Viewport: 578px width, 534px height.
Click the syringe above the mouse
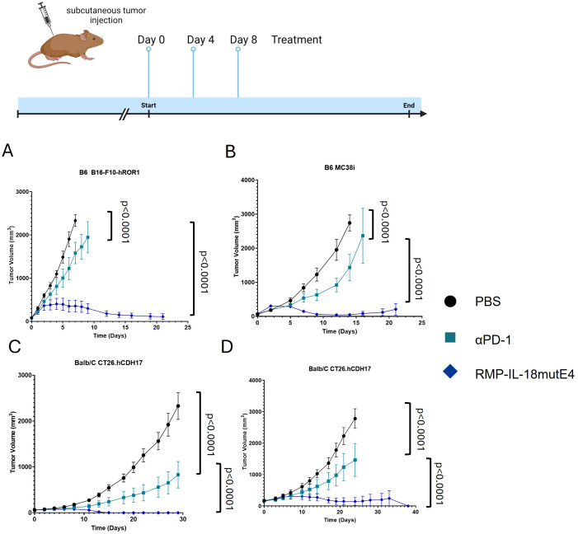pos(45,16)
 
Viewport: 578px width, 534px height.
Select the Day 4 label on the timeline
pos(200,40)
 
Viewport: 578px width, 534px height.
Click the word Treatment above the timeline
pos(297,40)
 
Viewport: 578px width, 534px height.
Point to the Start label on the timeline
pos(148,105)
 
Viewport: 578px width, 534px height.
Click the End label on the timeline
pos(409,105)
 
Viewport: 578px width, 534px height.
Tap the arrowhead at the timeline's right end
pos(424,114)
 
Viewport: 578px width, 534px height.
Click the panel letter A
pos(7,151)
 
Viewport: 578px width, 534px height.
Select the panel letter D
pos(227,347)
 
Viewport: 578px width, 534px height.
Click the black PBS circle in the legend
pos(450,301)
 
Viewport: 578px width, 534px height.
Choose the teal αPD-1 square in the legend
pos(450,337)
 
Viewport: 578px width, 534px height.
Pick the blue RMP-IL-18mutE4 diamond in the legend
pos(450,371)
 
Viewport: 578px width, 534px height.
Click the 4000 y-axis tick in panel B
pos(247,180)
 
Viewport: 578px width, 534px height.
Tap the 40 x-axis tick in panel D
pos(416,513)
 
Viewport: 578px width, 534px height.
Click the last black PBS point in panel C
pos(178,406)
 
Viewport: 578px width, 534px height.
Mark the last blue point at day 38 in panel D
pos(408,506)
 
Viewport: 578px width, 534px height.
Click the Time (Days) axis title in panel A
pos(110,335)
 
